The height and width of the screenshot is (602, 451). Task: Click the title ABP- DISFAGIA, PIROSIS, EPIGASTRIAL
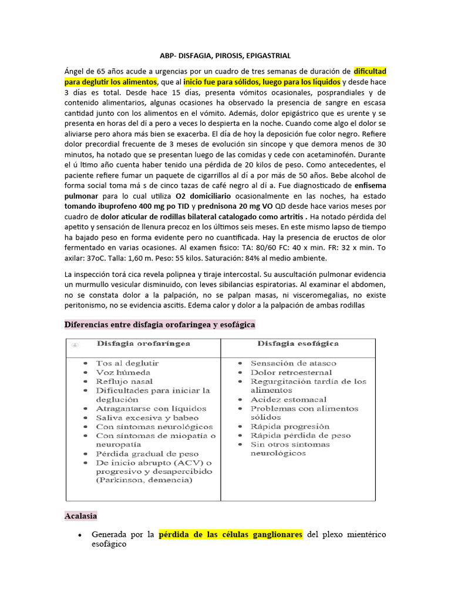point(225,56)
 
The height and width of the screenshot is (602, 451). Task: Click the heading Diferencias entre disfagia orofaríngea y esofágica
point(159,325)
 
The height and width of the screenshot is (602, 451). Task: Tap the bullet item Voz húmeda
point(123,372)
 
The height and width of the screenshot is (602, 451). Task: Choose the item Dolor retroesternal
point(291,372)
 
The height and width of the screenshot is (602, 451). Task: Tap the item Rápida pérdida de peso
point(301,435)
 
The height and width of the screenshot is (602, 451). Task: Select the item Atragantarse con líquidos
point(152,408)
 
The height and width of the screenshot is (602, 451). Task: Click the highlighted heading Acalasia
point(81,516)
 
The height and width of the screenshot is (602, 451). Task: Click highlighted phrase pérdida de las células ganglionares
point(231,534)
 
